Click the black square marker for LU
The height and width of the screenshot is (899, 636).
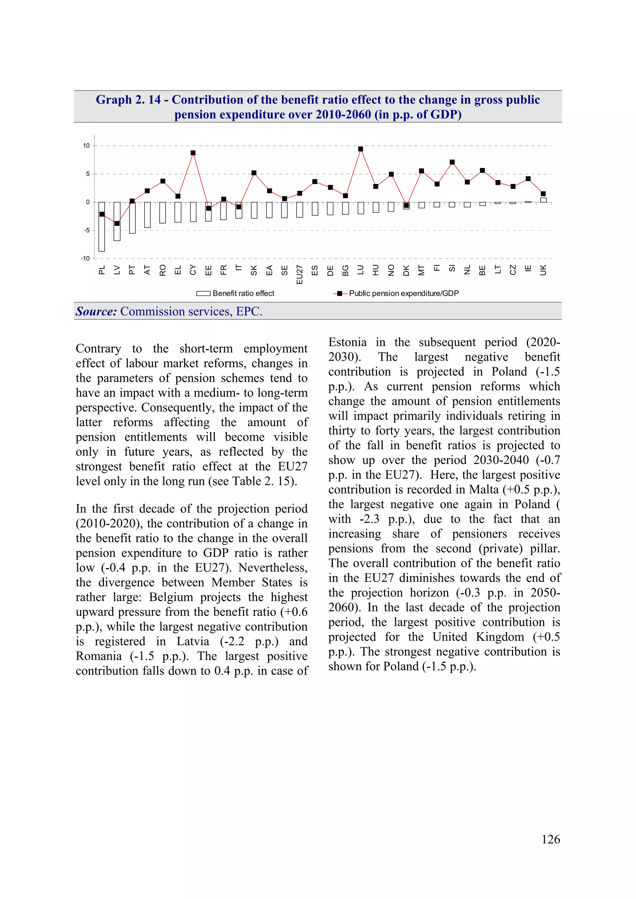tap(361, 149)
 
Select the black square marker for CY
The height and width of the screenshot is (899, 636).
tap(193, 153)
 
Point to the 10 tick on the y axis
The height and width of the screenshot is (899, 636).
tap(86, 146)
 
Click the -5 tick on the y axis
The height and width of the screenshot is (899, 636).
tap(86, 230)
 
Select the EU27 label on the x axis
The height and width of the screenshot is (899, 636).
tap(299, 274)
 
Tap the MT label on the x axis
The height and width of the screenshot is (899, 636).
tap(421, 270)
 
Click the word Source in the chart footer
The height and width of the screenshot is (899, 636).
tap(96, 311)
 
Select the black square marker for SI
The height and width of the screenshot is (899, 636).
tap(452, 162)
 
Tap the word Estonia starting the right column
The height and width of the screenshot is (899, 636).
tap(347, 342)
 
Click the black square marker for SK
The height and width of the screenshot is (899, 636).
tap(254, 173)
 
